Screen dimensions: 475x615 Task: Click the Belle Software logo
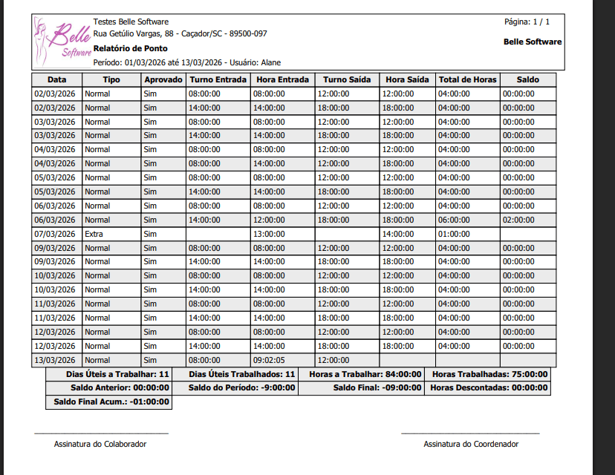(63, 42)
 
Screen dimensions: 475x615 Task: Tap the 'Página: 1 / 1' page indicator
(527, 22)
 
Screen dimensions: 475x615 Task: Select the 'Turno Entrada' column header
(218, 79)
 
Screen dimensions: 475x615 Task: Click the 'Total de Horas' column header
(468, 79)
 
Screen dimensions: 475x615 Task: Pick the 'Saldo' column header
(527, 79)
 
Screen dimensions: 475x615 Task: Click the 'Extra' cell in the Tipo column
(94, 234)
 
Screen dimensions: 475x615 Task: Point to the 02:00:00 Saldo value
(518, 220)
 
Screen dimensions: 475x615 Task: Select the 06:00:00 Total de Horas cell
(454, 220)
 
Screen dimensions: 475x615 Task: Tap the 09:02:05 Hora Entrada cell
(269, 359)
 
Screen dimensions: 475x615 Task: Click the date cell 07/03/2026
(55, 234)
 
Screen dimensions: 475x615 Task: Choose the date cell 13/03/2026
(55, 359)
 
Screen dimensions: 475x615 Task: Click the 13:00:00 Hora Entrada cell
(269, 234)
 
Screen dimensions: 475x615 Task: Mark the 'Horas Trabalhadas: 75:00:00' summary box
(489, 375)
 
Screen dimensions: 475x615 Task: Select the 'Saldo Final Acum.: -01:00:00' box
(111, 402)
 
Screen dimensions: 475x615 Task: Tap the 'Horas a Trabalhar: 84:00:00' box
(365, 375)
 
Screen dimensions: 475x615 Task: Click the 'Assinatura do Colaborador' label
(100, 444)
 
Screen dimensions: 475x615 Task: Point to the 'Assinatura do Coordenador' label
(471, 444)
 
